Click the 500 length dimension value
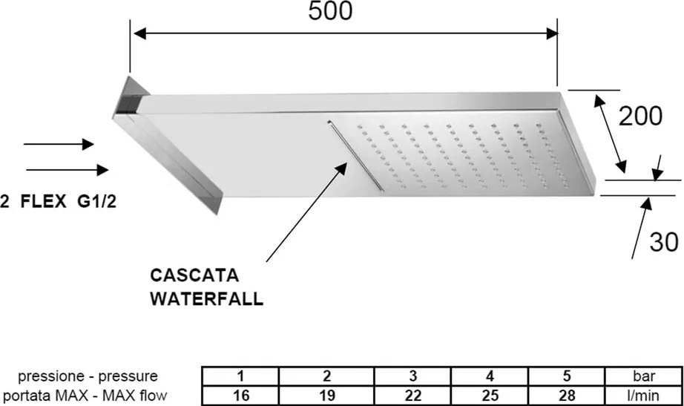tap(330, 11)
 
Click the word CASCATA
tap(194, 276)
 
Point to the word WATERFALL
tap(207, 299)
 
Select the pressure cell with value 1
tap(240, 375)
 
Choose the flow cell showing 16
tap(240, 396)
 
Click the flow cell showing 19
tap(326, 396)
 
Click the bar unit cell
tap(642, 375)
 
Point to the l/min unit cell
tap(642, 396)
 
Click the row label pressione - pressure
tap(88, 376)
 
